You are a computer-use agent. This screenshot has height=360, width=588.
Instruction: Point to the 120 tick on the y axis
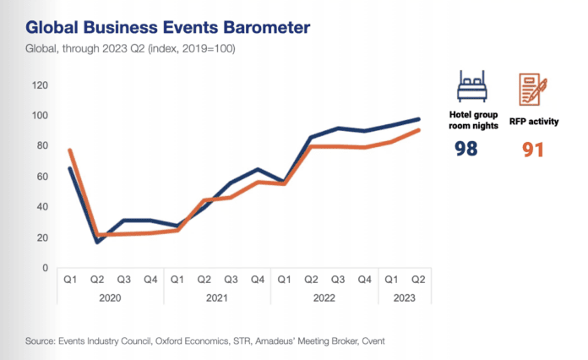click(x=38, y=85)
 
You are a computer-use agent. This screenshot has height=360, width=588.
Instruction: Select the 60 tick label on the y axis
click(x=41, y=176)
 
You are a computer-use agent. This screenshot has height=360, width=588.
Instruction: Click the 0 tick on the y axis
click(x=44, y=267)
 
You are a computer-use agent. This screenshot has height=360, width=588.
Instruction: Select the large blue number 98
click(x=465, y=149)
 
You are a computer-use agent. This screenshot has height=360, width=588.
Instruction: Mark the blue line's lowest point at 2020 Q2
click(x=98, y=242)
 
